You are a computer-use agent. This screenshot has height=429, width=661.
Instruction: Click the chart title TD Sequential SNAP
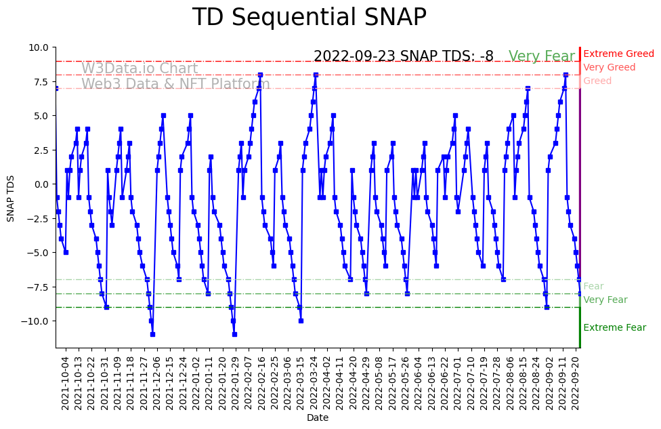(309, 18)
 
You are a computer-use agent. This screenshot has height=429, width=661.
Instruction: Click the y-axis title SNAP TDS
(11, 197)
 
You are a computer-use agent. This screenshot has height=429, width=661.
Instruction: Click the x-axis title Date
(318, 418)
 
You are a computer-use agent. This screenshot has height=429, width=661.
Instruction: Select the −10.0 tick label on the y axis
(36, 321)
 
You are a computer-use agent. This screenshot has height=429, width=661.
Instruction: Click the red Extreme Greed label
(618, 54)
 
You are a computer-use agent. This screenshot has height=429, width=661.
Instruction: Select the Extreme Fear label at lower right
(614, 328)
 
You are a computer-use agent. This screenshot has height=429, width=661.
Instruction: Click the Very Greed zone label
(609, 68)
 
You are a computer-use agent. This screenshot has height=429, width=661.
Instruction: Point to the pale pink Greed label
(597, 81)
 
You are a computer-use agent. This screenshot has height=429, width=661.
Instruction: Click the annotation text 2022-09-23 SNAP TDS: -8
(403, 56)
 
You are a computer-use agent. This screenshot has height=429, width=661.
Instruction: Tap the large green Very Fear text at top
(541, 56)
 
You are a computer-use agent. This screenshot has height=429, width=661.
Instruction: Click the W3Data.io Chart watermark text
(140, 69)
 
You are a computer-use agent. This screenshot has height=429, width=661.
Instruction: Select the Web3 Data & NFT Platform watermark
(175, 85)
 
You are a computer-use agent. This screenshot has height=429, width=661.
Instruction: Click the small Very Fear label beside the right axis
(605, 300)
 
